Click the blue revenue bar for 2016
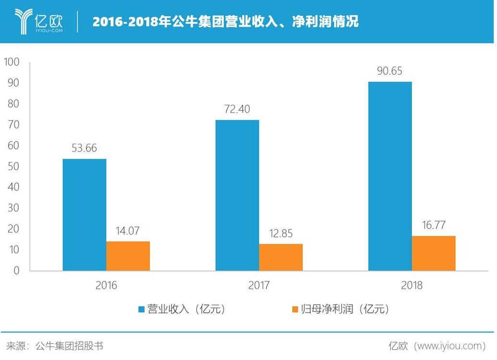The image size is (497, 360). click(x=84, y=215)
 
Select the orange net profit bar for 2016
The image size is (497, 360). click(x=128, y=256)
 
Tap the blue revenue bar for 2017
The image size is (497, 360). click(x=237, y=195)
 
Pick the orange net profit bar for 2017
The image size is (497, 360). click(x=281, y=258)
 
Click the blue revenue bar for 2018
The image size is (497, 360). click(x=390, y=176)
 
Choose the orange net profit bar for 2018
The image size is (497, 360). click(x=434, y=253)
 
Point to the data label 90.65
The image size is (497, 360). click(x=389, y=71)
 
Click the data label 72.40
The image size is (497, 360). click(x=237, y=109)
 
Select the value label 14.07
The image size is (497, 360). click(x=127, y=231)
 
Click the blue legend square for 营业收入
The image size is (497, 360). click(x=141, y=309)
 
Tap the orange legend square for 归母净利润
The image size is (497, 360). click(x=295, y=309)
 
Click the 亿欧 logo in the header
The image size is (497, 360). click(x=41, y=21)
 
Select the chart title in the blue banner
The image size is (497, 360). click(x=225, y=22)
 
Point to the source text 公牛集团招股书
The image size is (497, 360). click(x=69, y=346)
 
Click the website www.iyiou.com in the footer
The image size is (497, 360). click(x=449, y=346)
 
